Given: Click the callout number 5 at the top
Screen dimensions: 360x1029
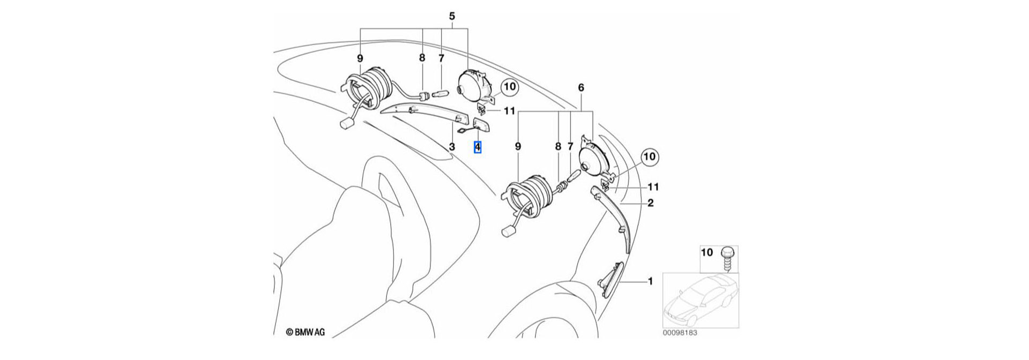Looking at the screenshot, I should tap(451, 16).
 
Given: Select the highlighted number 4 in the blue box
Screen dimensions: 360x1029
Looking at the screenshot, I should tap(478, 147).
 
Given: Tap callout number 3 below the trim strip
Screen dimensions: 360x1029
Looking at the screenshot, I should tap(452, 147).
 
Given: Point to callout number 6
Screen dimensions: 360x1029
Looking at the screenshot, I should tap(581, 87).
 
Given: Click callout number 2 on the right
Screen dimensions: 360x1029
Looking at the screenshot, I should tap(650, 203).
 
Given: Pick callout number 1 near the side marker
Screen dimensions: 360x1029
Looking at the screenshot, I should tap(650, 281).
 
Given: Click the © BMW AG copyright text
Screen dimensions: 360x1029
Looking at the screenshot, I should tap(305, 332).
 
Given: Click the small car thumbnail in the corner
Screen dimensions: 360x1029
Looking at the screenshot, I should tap(700, 300).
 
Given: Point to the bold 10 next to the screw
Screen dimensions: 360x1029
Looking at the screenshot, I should tap(707, 252).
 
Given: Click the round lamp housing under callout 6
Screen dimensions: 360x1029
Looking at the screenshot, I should tap(595, 161).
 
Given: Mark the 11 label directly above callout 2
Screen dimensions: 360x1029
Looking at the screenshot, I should tap(653, 187).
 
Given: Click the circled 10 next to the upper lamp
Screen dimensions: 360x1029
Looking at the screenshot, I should tap(509, 87).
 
